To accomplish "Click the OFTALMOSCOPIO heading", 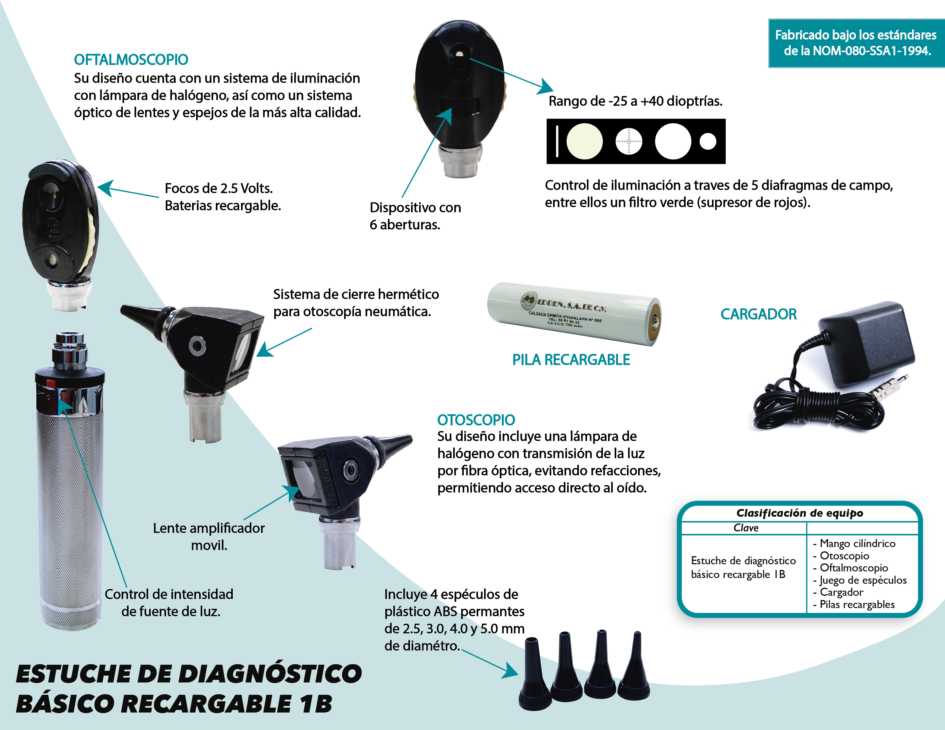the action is [x=131, y=60].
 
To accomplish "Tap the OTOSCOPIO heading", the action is [x=476, y=420].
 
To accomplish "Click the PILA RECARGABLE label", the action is [x=571, y=360].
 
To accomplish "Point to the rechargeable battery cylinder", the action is [x=574, y=314].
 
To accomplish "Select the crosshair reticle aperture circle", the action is [x=629, y=141].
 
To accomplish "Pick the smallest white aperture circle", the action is [x=708, y=141].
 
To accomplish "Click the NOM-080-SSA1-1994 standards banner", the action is [x=856, y=43].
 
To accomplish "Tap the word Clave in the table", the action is [x=746, y=528].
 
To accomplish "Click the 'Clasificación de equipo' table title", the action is [x=800, y=513].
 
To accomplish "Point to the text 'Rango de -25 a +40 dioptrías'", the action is [x=636, y=101].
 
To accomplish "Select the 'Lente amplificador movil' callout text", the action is [x=209, y=536].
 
